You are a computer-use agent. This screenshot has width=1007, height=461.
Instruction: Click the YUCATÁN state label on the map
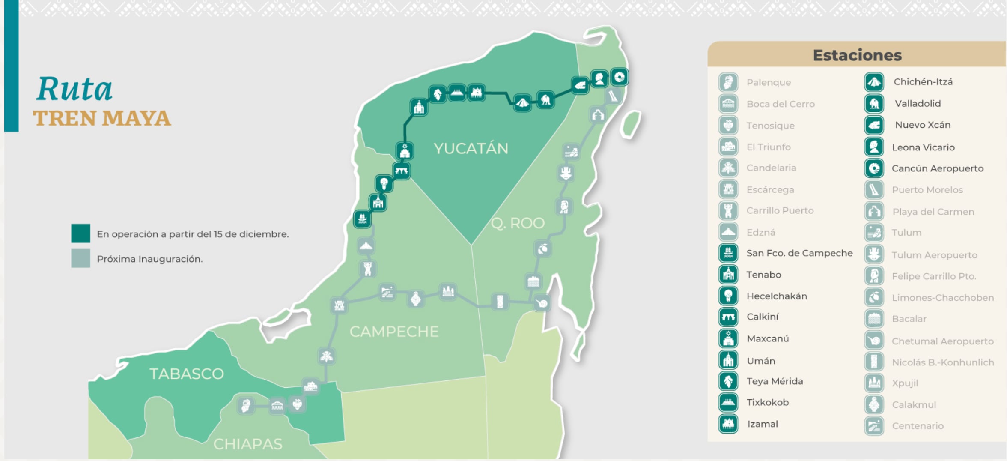[471, 148]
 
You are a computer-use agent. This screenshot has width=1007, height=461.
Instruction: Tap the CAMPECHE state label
[394, 331]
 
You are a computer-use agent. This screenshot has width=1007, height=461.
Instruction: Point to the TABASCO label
[186, 374]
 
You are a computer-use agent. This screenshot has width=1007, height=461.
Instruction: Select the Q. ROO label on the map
[517, 223]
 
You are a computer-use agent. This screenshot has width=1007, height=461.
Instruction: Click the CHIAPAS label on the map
[248, 444]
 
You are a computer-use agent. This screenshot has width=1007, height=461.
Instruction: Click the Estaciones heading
[857, 55]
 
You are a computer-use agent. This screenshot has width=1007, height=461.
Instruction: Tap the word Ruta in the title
[74, 89]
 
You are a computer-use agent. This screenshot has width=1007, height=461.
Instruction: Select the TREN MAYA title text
[102, 118]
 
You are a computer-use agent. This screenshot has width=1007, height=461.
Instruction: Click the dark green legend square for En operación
[80, 233]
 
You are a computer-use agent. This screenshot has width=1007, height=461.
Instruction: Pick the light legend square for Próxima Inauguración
[80, 258]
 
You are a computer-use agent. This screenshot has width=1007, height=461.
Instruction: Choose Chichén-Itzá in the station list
[923, 82]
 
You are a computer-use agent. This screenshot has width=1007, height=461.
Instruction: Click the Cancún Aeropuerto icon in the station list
[874, 168]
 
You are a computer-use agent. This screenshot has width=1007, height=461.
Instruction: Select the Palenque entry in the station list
[769, 82]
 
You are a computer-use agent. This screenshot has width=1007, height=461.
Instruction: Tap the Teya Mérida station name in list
[775, 381]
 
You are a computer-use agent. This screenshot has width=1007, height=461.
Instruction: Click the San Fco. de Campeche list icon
[728, 253]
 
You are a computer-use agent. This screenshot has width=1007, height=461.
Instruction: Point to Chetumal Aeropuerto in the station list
[942, 341]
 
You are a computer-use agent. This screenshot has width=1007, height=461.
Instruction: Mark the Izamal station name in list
[762, 424]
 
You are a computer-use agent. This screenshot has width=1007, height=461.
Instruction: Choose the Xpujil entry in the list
[905, 383]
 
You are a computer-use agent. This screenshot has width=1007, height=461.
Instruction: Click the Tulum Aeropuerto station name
[934, 255]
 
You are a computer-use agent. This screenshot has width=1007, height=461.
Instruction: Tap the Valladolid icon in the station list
[874, 103]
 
